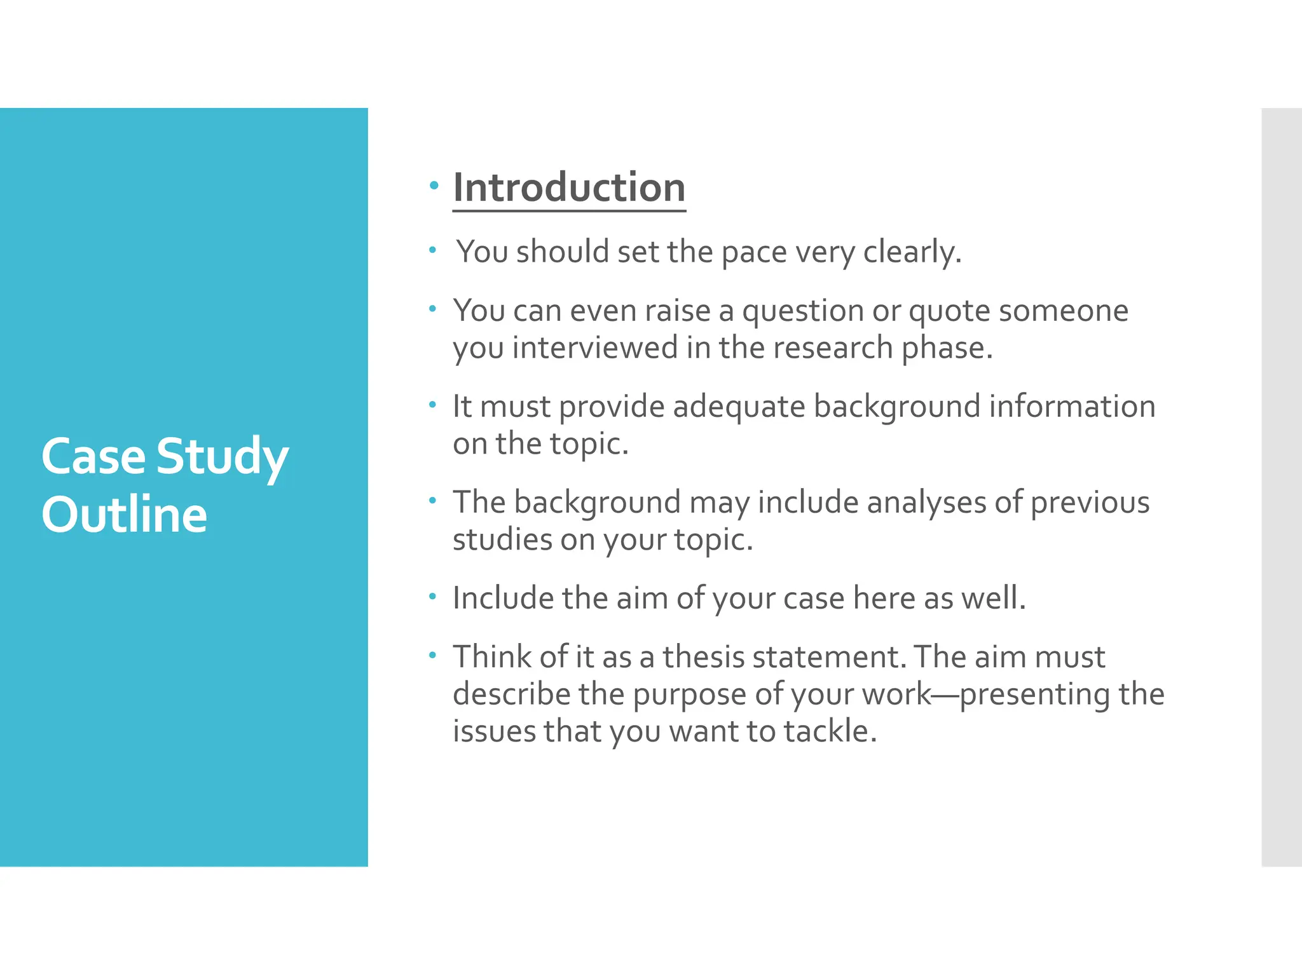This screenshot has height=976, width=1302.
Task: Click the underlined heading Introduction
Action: point(569,188)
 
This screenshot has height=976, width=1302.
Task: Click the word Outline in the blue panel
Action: point(125,514)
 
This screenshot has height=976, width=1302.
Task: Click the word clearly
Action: point(912,252)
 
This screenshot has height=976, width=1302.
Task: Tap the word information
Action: point(1072,407)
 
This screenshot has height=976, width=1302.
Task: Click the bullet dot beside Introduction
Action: point(434,186)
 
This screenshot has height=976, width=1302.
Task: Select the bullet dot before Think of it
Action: point(432,654)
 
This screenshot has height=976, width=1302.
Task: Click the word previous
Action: point(1090,503)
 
